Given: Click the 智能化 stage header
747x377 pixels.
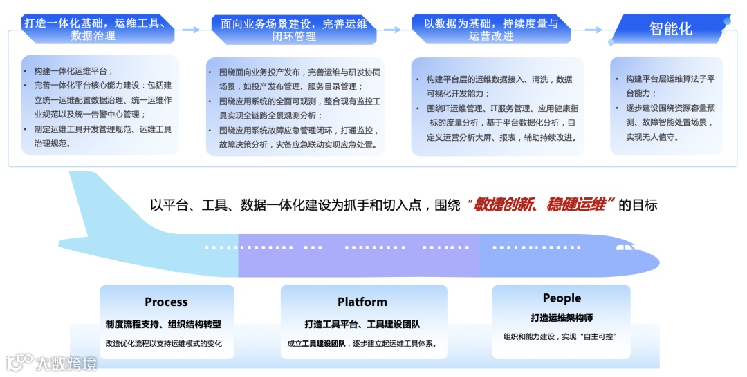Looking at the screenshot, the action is pos(670,29).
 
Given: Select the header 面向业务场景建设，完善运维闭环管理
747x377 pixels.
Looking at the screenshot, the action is pos(293,29).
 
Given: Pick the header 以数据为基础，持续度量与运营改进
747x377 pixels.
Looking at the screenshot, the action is pos(491,29).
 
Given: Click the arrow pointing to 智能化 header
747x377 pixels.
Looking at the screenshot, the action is pos(593,30).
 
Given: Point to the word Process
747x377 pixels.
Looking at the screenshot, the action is pos(166,302).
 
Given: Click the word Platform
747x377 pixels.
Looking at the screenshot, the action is pos(362,302).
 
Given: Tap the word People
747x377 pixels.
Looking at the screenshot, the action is pos(562,298).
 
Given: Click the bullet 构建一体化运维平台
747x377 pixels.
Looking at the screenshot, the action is pos(73,71).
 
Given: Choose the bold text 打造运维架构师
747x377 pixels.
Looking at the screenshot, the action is pos(562,318).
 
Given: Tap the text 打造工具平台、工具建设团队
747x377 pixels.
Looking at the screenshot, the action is pos(362,324).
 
